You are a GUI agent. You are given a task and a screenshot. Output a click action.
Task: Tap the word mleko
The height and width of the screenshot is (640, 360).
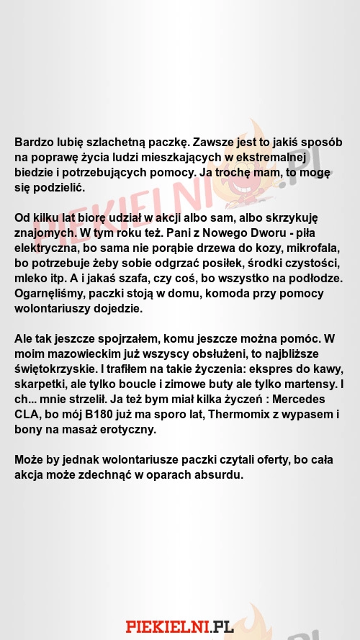(30, 279)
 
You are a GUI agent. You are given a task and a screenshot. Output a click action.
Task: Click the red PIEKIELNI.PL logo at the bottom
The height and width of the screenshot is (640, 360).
(179, 626)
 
